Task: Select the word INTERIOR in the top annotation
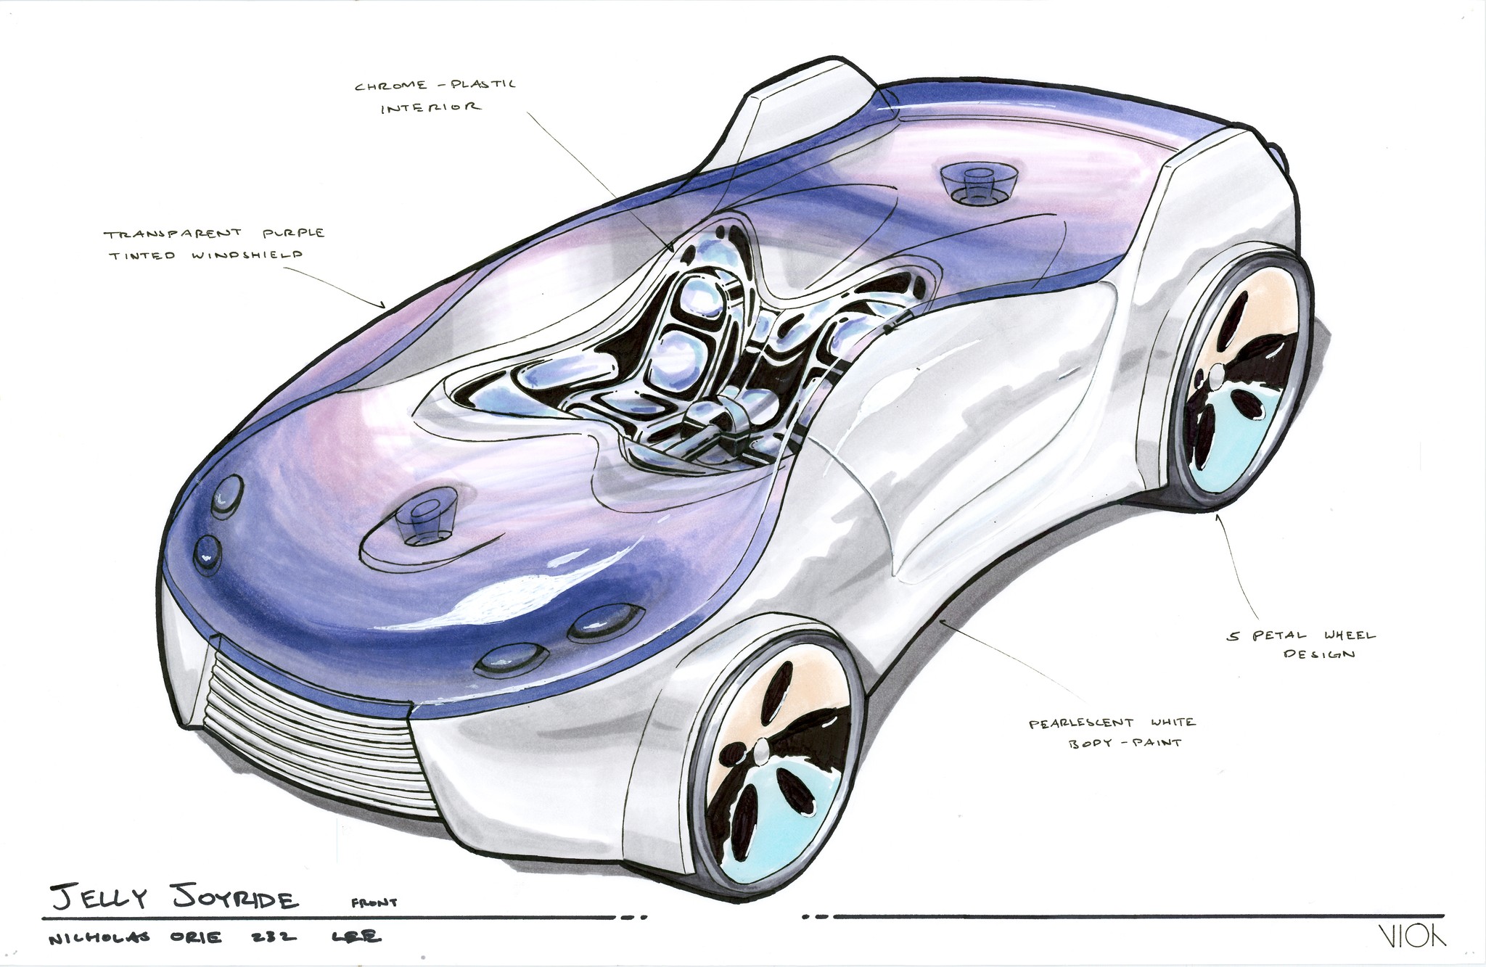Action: [x=430, y=107]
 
